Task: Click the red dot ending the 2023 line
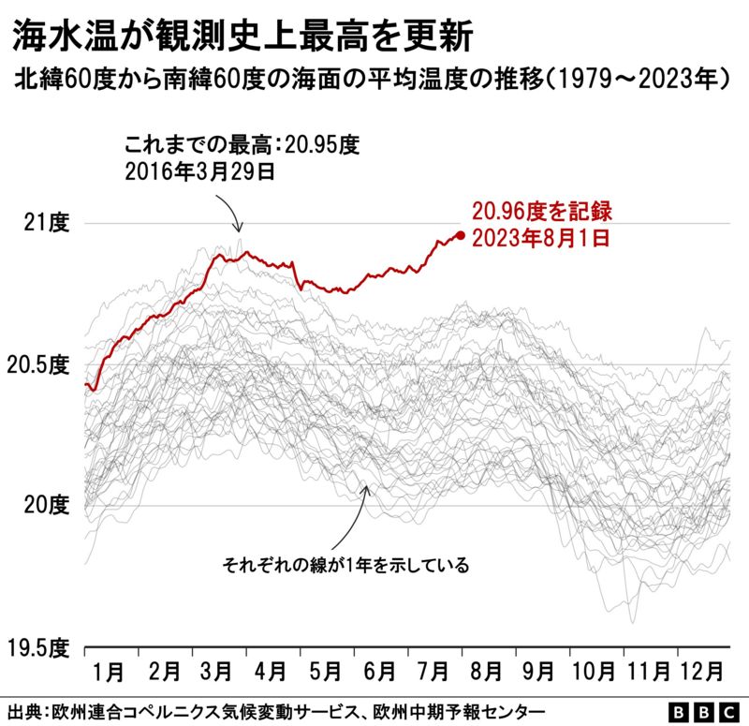pyautogui.click(x=460, y=235)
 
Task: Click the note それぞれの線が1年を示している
pyautogui.click(x=345, y=566)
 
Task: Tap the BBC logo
pyautogui.click(x=701, y=709)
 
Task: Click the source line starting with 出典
pyautogui.click(x=276, y=709)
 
